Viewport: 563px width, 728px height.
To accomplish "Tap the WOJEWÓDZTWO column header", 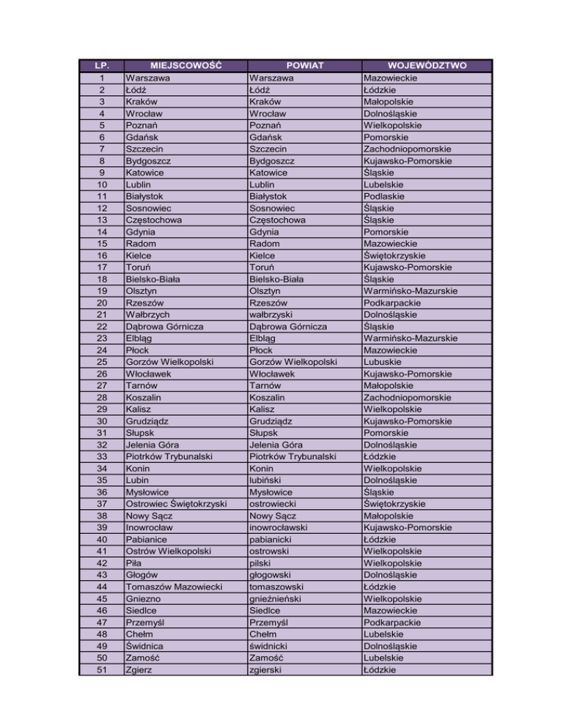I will coord(426,66).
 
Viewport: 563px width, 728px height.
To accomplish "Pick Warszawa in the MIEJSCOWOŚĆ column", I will coord(149,78).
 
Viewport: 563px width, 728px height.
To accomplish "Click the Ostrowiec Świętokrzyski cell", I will coord(175,504).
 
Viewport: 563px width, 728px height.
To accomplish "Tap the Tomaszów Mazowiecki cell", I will coord(174,587).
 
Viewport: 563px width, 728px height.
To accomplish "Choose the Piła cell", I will coord(136,562).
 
